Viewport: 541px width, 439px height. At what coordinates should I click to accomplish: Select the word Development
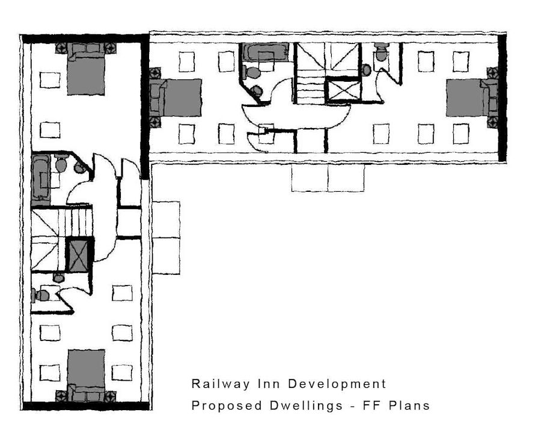coord(337,384)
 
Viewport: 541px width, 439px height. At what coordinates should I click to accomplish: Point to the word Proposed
coord(227,405)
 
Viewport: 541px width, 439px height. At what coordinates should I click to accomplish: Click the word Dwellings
coord(306,405)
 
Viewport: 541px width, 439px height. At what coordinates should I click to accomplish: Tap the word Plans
coord(409,405)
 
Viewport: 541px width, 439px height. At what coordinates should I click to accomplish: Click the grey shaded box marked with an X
coord(79,256)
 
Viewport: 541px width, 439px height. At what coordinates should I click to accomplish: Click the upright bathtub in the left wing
coord(41,177)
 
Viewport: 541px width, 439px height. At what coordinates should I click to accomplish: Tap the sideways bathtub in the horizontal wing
coord(265,52)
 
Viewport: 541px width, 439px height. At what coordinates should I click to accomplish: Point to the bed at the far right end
coord(471,97)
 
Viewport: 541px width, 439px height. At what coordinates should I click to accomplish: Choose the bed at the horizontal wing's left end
coord(176,97)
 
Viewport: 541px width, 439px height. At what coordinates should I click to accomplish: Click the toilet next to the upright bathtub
coord(61,164)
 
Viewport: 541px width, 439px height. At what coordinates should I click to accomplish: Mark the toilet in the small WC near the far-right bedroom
coord(381,52)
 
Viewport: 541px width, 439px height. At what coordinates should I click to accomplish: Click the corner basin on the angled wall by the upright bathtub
coord(80,168)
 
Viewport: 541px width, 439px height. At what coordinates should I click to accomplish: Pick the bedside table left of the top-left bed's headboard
coord(61,48)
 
